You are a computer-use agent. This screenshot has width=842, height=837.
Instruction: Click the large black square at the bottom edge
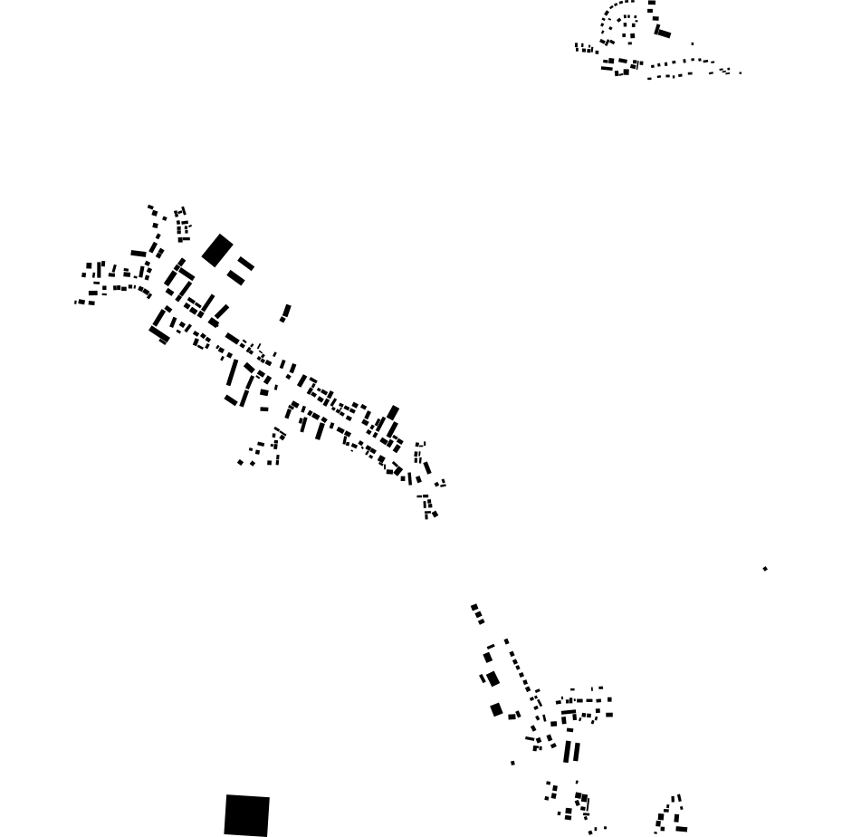(x=246, y=815)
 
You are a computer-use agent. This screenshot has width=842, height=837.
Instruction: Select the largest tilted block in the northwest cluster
(x=217, y=251)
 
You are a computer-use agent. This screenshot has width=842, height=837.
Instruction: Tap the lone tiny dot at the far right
(x=765, y=569)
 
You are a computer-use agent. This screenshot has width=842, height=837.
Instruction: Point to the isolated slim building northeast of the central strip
(x=286, y=313)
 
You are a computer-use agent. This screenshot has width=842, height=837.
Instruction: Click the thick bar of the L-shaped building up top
(x=663, y=34)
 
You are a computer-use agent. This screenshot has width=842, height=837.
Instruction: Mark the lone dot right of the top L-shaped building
(x=693, y=43)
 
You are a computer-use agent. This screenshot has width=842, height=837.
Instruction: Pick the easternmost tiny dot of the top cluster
(x=740, y=72)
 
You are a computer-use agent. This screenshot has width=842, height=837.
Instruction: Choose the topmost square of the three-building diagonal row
(x=488, y=658)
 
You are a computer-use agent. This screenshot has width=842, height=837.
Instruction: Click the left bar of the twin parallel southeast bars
(x=568, y=752)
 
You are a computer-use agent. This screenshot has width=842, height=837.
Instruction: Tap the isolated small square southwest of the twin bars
(x=512, y=763)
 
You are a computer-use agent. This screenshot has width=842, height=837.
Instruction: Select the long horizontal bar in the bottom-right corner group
(x=682, y=829)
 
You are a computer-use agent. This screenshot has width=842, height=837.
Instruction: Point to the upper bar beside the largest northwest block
(x=246, y=264)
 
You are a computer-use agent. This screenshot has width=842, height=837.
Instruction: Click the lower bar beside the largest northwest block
(x=236, y=277)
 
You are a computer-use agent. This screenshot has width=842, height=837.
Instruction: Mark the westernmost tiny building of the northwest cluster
(x=76, y=302)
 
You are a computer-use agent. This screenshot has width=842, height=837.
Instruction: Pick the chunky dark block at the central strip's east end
(x=393, y=413)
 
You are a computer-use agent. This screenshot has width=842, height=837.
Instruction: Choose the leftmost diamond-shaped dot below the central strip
(x=240, y=463)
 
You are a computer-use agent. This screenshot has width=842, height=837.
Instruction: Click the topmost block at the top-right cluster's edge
(x=651, y=4)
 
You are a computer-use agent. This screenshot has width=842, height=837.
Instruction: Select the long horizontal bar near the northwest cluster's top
(x=138, y=254)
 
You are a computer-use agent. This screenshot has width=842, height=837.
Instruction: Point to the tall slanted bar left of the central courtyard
(x=232, y=373)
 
